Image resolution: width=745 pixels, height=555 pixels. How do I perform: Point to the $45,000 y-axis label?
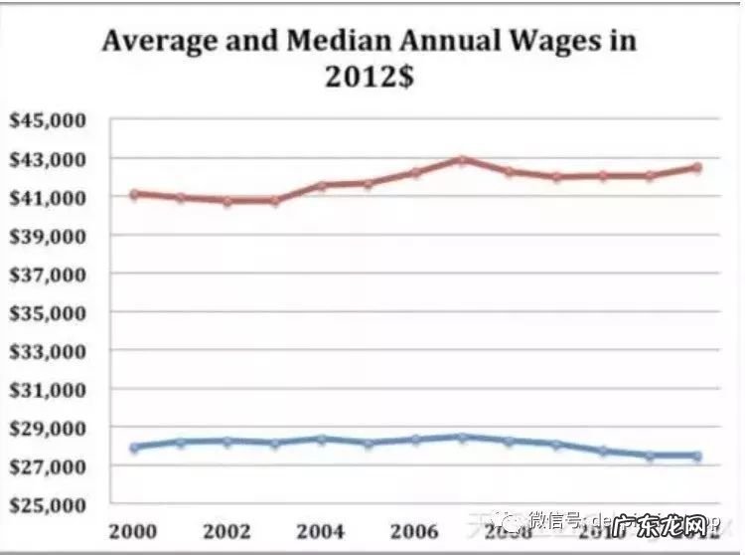[47, 120]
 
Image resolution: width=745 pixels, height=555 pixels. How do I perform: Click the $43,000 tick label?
[47, 159]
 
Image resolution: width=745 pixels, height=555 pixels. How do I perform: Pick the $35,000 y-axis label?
[47, 312]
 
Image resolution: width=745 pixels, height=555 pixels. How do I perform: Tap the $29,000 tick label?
[47, 428]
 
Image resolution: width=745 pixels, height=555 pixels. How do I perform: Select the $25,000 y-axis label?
[47, 504]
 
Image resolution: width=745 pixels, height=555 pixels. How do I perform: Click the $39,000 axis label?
[47, 236]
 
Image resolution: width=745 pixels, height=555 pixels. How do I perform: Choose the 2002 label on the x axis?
[226, 530]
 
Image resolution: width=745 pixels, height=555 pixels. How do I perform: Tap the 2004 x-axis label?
[320, 530]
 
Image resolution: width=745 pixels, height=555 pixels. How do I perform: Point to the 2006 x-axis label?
[414, 530]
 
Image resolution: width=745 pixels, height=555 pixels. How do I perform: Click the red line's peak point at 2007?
[463, 159]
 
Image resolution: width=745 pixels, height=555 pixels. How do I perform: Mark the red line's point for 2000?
[134, 194]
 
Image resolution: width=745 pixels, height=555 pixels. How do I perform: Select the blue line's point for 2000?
[134, 448]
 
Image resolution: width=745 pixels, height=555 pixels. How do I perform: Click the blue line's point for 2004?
[322, 439]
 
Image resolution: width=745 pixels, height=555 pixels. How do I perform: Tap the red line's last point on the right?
[697, 167]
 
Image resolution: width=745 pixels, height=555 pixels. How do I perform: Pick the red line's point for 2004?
[322, 186]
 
